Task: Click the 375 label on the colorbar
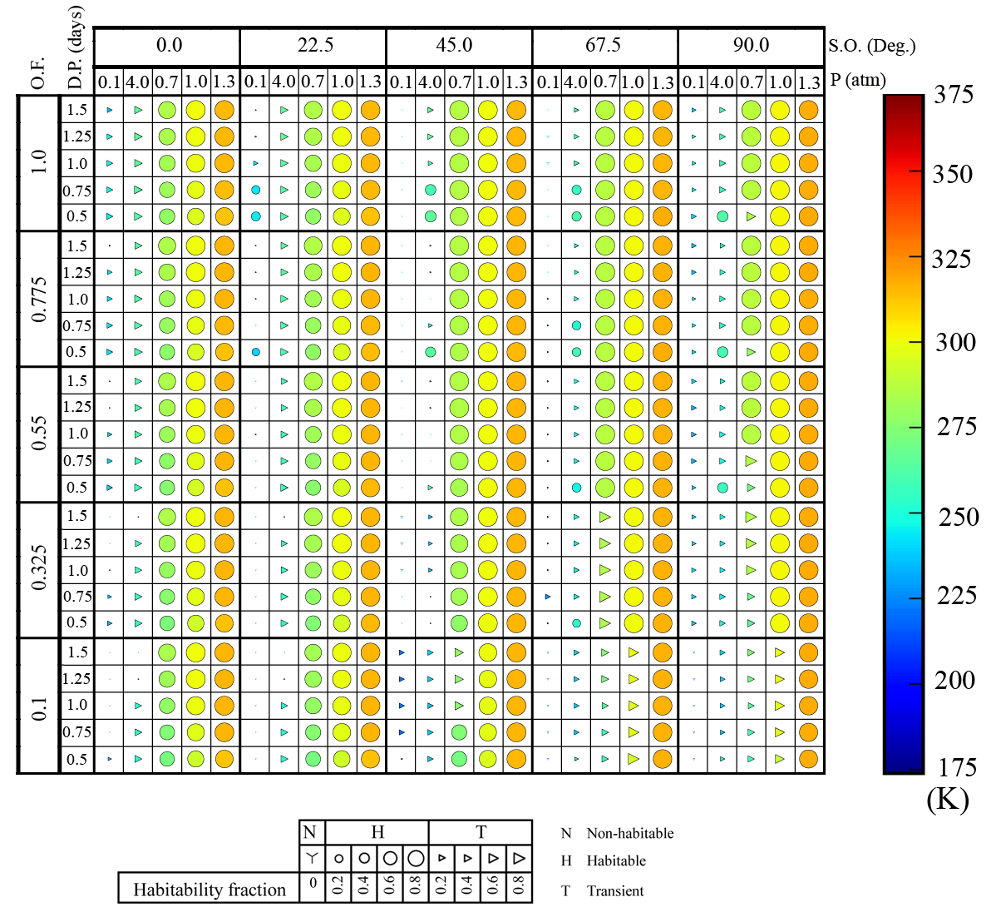click(x=953, y=94)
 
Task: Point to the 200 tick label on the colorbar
click(x=954, y=680)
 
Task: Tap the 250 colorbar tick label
click(x=958, y=516)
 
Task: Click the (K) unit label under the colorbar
click(x=948, y=800)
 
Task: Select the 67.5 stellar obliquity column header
click(x=603, y=45)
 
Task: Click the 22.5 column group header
click(x=314, y=45)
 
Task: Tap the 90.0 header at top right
click(x=751, y=45)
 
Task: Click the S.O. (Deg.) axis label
click(x=871, y=45)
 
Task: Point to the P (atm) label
click(x=858, y=81)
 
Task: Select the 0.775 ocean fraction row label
click(x=38, y=300)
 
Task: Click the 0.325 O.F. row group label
click(x=38, y=569)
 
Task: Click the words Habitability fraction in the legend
click(x=209, y=890)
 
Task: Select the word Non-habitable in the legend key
click(x=629, y=833)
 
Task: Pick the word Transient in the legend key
click(x=614, y=891)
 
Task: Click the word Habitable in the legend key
click(x=615, y=861)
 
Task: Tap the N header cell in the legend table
click(x=311, y=832)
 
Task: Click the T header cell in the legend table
click(x=481, y=832)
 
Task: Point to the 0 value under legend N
click(x=312, y=883)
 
